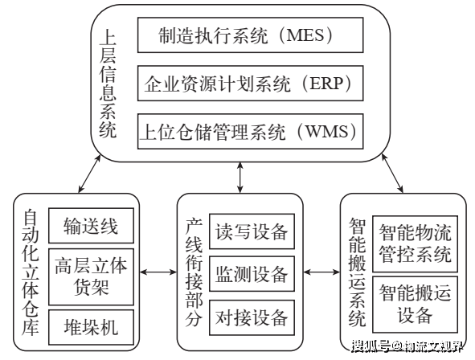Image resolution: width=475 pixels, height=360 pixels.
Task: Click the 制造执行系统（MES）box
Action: tap(250, 35)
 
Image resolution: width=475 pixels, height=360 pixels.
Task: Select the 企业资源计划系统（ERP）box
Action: tap(250, 84)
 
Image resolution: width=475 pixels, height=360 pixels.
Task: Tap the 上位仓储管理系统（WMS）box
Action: tap(250, 132)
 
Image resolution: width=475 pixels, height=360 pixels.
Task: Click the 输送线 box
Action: tap(91, 226)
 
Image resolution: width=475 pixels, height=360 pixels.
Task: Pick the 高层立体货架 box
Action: tap(91, 276)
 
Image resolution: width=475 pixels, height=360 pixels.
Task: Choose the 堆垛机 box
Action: tap(91, 327)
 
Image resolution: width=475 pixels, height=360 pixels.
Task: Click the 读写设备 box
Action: tap(252, 231)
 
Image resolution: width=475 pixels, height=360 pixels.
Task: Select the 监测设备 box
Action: tap(252, 274)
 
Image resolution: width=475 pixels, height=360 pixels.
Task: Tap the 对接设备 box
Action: tap(252, 317)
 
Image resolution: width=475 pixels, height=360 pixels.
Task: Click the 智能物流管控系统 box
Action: tap(415, 243)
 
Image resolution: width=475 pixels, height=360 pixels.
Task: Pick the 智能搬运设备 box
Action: tap(415, 305)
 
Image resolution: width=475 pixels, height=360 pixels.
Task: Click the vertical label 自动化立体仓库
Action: tap(31, 272)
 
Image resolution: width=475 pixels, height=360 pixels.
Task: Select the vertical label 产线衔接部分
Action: tap(194, 272)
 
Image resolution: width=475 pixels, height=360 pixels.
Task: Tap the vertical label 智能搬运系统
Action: tap(358, 272)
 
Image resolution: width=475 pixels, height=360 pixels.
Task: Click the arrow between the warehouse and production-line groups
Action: tap(158, 272)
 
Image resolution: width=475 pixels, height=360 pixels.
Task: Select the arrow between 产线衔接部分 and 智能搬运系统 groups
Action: tap(321, 272)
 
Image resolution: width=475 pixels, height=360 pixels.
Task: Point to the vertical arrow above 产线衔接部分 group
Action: tap(240, 178)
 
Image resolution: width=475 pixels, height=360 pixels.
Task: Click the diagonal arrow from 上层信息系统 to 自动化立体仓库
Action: tap(89, 174)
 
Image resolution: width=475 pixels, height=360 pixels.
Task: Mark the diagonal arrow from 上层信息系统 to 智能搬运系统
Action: tap(392, 174)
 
